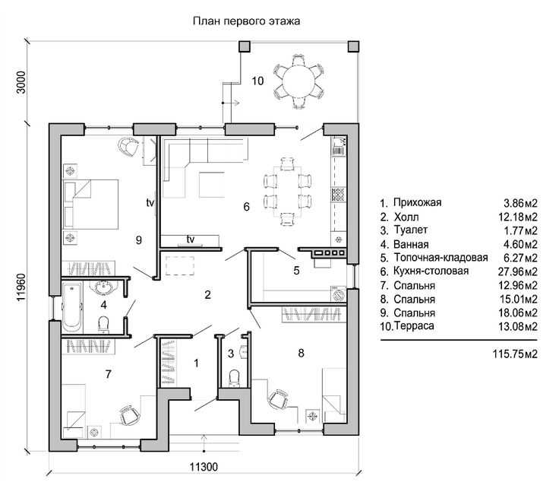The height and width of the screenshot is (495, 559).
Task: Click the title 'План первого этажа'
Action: (246, 21)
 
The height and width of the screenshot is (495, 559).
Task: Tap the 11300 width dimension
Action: (204, 466)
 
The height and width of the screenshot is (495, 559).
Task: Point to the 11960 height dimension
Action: (21, 287)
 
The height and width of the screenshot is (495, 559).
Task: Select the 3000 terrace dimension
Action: (21, 82)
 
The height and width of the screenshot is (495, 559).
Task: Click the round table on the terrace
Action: (298, 81)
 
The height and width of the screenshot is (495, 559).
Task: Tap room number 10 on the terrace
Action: (257, 81)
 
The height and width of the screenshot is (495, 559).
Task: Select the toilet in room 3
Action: (234, 378)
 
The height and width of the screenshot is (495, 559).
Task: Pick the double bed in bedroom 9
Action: (90, 204)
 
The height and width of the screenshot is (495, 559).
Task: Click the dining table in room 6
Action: (287, 192)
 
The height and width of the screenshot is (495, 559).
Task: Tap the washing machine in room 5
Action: (338, 294)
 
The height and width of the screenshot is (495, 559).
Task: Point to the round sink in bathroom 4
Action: (103, 287)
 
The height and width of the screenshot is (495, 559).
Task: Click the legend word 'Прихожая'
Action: (418, 203)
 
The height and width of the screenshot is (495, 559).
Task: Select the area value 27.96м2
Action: (518, 271)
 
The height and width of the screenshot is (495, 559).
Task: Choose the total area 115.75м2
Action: (515, 354)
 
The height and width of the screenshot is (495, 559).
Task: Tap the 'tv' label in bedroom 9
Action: (150, 203)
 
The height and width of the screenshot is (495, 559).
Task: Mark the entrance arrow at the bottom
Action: (204, 443)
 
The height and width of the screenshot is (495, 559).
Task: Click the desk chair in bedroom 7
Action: (129, 414)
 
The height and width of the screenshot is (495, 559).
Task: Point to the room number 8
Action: (301, 353)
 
